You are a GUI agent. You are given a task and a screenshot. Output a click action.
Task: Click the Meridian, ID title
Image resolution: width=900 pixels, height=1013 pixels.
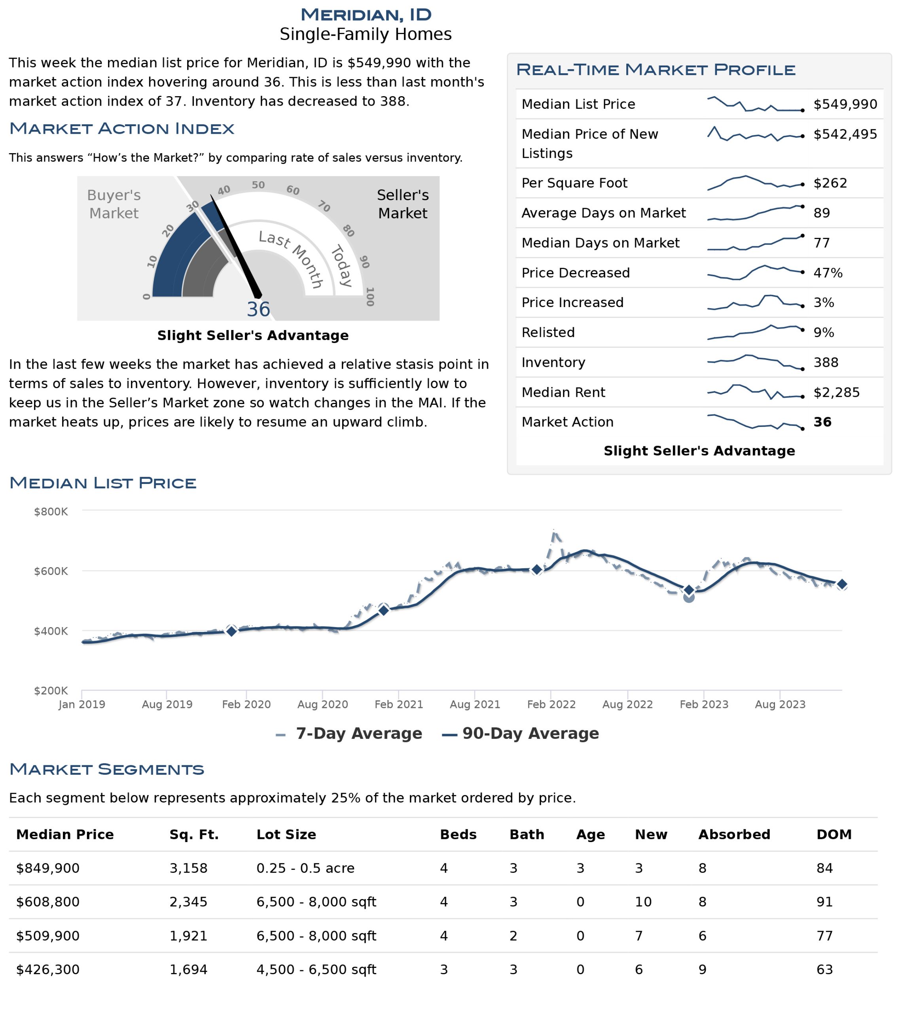pos(366,15)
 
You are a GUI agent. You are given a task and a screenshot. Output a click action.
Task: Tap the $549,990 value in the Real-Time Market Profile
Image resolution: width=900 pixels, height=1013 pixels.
pos(845,104)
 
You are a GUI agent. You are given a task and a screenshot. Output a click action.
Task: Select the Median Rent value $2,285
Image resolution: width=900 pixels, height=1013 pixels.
pos(837,393)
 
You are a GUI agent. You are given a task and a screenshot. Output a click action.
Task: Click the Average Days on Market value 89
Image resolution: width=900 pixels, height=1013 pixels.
pos(822,213)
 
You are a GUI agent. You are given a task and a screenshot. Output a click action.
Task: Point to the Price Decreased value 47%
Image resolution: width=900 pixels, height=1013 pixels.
pos(828,273)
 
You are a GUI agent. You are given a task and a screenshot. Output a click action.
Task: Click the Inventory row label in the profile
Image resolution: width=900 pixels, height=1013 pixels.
pos(553,363)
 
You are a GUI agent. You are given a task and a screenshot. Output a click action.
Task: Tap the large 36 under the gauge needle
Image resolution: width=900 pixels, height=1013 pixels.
pos(258,310)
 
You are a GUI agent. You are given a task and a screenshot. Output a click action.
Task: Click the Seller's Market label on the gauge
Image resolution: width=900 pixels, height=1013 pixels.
pos(402,204)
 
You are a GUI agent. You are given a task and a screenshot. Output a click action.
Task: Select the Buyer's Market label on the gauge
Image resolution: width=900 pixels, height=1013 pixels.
pos(114,204)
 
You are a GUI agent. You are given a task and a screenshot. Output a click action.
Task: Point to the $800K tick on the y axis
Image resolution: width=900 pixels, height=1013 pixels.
pos(51,512)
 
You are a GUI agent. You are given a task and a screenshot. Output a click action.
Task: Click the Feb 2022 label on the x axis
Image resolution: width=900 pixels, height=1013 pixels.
pos(551,705)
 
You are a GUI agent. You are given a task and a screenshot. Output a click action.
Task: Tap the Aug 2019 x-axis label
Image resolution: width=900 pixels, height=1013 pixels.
pos(167,705)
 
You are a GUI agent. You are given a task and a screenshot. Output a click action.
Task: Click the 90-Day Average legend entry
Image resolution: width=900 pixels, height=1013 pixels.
pos(520,734)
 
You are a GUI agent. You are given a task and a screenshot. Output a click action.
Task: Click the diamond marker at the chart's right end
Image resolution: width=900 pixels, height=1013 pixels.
pos(841,585)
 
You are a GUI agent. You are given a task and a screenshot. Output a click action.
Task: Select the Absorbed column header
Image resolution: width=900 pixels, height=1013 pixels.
pos(734,835)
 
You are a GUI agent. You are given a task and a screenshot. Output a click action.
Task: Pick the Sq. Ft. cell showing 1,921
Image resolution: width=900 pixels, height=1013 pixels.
pos(188,937)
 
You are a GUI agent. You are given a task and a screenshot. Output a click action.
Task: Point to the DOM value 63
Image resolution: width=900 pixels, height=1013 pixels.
pos(825,970)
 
